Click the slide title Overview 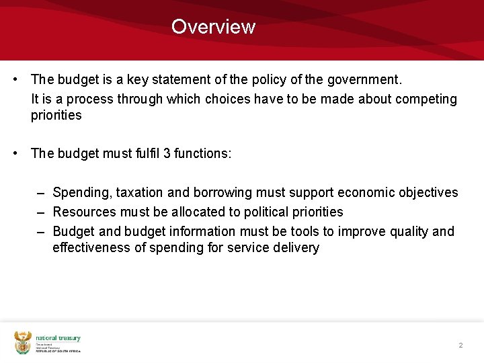pyautogui.click(x=213, y=27)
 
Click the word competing pyautogui.click(x=426, y=99)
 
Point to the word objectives pyautogui.click(x=426, y=193)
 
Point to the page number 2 pyautogui.click(x=460, y=345)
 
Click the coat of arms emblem pyautogui.click(x=23, y=342)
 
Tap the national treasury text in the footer pyautogui.click(x=58, y=338)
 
